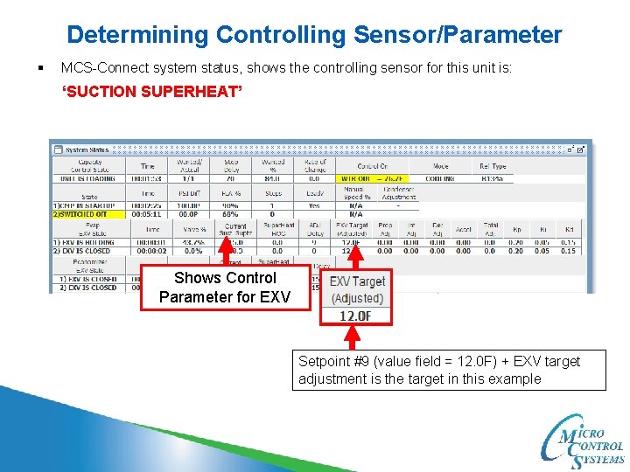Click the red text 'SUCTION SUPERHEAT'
point(150,91)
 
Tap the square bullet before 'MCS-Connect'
point(40,67)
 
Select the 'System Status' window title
point(88,149)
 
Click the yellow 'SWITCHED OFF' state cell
point(87,212)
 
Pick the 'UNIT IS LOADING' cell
point(87,178)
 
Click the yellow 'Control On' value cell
point(372,178)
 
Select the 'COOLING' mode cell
point(439,178)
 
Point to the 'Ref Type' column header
point(493,165)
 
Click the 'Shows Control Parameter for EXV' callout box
point(225,288)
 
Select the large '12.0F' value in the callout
point(356,316)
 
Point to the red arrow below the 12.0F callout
point(354,337)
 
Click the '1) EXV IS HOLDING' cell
point(87,241)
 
